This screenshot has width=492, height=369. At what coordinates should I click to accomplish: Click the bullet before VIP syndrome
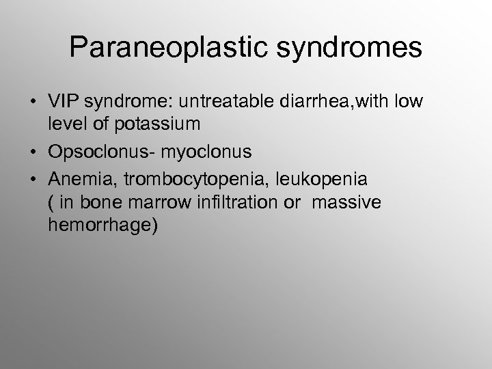point(32,102)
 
